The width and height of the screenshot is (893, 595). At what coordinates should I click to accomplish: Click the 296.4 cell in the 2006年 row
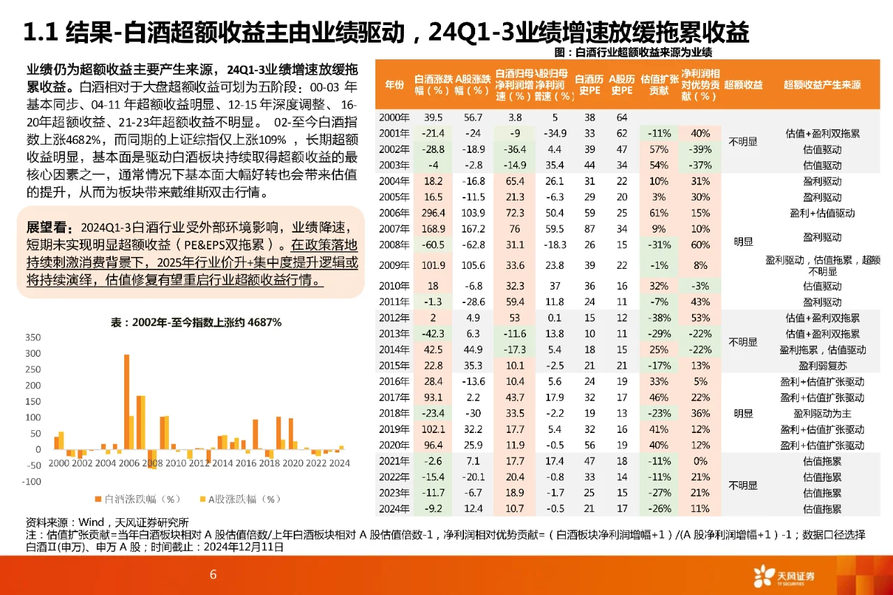434,213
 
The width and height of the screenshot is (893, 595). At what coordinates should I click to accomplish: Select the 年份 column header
394,85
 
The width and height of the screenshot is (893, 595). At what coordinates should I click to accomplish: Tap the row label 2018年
394,413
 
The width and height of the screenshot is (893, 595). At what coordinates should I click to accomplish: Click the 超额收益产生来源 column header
822,85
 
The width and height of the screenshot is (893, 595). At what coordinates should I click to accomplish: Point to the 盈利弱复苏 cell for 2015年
822,365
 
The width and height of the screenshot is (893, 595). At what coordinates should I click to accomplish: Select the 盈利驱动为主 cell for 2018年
822,413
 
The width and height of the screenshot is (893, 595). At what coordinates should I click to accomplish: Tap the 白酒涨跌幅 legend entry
137,499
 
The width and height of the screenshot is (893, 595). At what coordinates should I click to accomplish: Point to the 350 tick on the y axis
32,337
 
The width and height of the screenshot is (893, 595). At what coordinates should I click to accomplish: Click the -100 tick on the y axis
31,482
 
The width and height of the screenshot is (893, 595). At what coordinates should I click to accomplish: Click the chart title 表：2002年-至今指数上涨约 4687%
196,322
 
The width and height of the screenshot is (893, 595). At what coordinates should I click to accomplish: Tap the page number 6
213,575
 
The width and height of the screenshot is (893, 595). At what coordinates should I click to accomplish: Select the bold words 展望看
48,228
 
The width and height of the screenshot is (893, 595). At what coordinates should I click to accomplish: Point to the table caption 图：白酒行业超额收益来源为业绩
632,52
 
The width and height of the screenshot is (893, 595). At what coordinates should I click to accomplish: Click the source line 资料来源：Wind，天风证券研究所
107,522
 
